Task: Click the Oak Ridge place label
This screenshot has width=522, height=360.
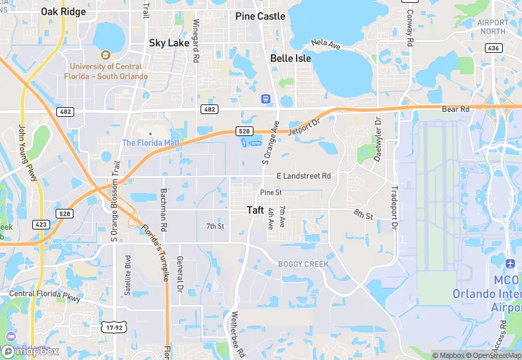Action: click(64, 12)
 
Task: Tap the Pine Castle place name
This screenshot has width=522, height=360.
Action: click(260, 16)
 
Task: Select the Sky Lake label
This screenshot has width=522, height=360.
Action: click(169, 43)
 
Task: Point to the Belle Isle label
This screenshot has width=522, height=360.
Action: click(291, 58)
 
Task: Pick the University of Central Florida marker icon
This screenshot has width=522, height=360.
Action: click(105, 54)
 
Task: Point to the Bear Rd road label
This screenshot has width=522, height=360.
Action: click(455, 109)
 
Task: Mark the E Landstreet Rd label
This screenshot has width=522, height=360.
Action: click(304, 176)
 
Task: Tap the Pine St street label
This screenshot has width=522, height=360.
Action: click(271, 192)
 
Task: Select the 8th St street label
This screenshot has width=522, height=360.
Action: click(363, 216)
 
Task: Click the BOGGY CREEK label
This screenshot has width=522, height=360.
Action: click(304, 264)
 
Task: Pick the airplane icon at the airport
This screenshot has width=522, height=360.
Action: click(510, 264)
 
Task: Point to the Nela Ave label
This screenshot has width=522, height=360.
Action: click(326, 44)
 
